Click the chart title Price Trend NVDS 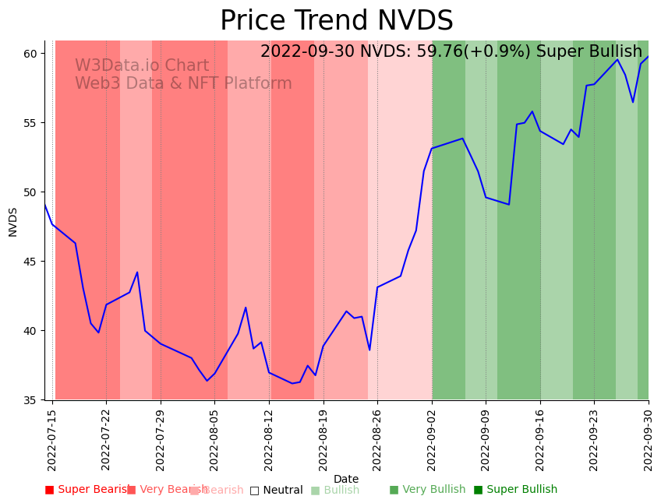(336, 21)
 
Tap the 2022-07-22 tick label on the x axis (107, 437)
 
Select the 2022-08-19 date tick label (323, 437)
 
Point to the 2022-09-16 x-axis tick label (540, 437)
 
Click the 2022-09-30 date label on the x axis (649, 437)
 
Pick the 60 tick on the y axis (30, 53)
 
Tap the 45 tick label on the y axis (30, 262)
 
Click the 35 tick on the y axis (30, 400)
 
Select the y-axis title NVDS (13, 222)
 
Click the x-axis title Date (346, 480)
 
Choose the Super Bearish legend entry (87, 490)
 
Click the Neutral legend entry (276, 490)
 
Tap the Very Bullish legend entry (427, 490)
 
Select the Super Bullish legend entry (515, 490)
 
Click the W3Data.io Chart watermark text (142, 66)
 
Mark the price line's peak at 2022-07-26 (137, 273)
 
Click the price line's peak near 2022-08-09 (246, 308)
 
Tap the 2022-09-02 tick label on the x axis (432, 437)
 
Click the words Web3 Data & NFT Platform (183, 84)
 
